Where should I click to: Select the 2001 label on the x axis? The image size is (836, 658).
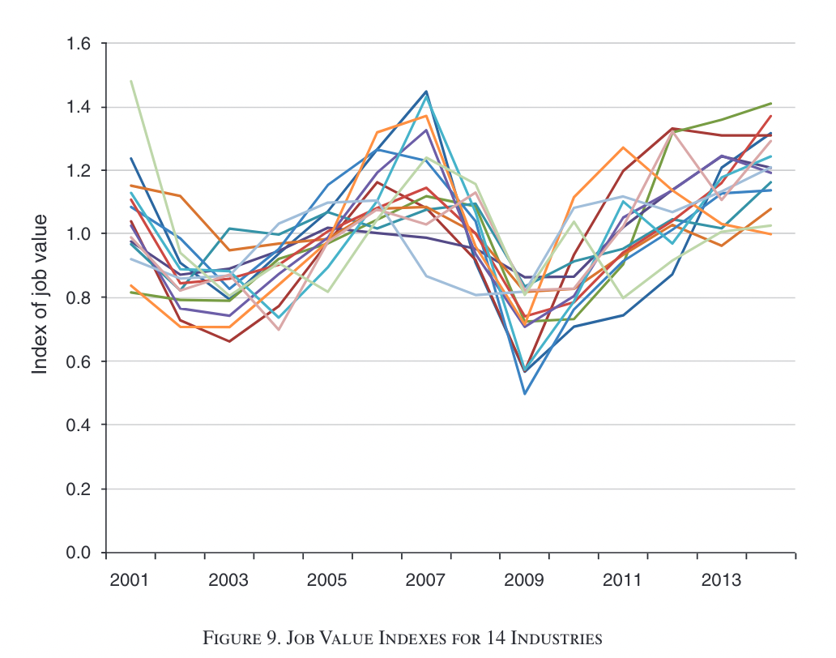130,581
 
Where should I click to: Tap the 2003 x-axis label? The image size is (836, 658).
228,581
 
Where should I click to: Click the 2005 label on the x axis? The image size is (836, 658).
327,581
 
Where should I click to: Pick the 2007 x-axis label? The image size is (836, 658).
426,581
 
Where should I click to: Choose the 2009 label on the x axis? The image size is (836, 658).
525,581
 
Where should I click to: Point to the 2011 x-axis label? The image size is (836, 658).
624,581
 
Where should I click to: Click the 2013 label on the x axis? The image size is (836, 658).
722,581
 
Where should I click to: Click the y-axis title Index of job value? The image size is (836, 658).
40,294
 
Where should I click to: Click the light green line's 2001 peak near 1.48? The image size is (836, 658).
130,82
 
